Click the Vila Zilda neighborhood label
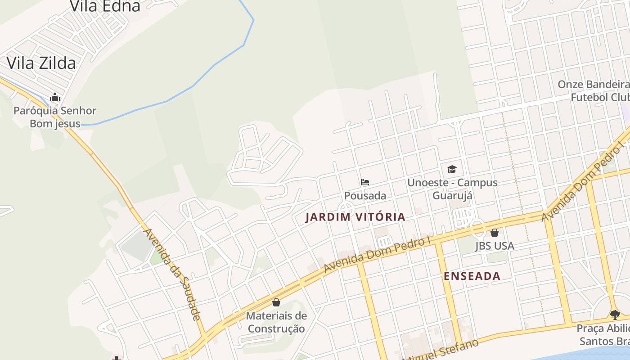pyautogui.click(x=41, y=63)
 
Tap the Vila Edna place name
pyautogui.click(x=105, y=6)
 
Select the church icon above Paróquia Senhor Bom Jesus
pyautogui.click(x=55, y=97)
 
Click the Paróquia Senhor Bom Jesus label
pyautogui.click(x=55, y=117)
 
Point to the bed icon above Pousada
pyautogui.click(x=365, y=182)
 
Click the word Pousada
pyautogui.click(x=365, y=196)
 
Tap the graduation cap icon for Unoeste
pyautogui.click(x=452, y=169)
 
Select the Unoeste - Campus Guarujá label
pyautogui.click(x=452, y=189)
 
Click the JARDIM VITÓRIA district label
pyautogui.click(x=355, y=217)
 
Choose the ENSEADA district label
pyautogui.click(x=472, y=276)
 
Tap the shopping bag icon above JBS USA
pyautogui.click(x=495, y=233)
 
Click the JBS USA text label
pyautogui.click(x=495, y=246)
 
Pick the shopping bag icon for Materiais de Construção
pyautogui.click(x=276, y=302)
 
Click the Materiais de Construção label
pyautogui.click(x=276, y=322)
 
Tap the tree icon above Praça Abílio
pyautogui.click(x=615, y=315)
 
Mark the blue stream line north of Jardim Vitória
pyautogui.click(x=193, y=86)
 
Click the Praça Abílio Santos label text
pyautogui.click(x=603, y=335)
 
